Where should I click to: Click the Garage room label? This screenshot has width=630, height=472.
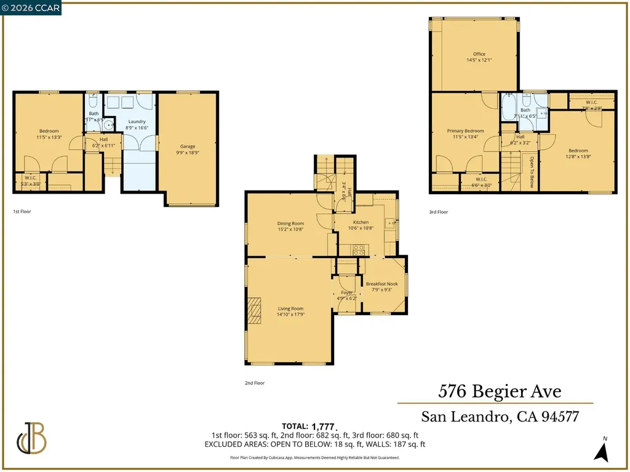point(188,146)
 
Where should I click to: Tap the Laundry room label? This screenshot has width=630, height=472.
point(137,121)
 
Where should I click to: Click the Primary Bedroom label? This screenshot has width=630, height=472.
point(465,131)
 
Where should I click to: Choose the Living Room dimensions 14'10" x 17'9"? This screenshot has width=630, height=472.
point(290,315)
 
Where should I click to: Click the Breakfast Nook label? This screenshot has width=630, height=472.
point(382,284)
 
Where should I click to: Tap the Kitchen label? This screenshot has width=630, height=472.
point(361,222)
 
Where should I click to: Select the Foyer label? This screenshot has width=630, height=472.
point(347,293)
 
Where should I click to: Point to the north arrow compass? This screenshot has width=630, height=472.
point(603,450)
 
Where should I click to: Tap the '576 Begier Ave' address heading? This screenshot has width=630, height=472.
point(500,391)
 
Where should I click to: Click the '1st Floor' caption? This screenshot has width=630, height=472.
point(22,211)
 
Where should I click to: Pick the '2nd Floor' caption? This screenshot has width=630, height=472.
point(254,383)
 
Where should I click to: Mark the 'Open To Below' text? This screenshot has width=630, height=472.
point(532,171)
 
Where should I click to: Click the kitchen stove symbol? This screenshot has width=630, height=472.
point(357,250)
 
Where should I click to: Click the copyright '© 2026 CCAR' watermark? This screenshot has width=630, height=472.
point(31,7)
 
